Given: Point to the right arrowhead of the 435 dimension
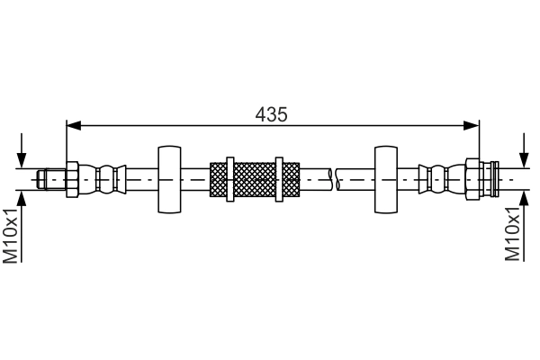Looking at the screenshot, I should (x=472, y=124).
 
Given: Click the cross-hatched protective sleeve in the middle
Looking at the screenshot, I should (x=255, y=178).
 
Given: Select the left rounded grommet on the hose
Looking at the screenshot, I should (x=169, y=178).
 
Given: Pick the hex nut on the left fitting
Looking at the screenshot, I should (x=73, y=178).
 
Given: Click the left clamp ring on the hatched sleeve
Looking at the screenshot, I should (x=230, y=178).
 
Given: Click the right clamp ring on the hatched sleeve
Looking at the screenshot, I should (x=280, y=178).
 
